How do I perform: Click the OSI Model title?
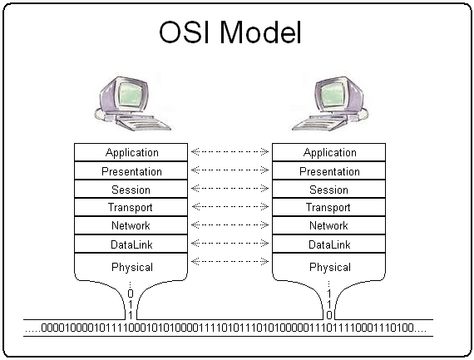230,33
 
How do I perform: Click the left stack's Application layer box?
131,153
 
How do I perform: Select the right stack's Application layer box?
329,153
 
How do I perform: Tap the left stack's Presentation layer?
131,171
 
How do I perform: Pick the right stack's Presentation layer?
329,171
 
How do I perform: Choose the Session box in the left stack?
131,190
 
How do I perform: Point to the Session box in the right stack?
329,190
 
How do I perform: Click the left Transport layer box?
131,208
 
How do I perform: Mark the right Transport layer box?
329,208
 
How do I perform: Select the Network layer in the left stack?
131,226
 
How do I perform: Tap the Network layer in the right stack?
329,226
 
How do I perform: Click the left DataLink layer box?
131,245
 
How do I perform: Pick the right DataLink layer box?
329,245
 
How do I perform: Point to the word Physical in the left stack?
131,268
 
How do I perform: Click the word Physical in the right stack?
329,268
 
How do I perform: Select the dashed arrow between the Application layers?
230,152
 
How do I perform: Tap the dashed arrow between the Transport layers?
230,207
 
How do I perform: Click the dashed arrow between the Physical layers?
230,262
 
